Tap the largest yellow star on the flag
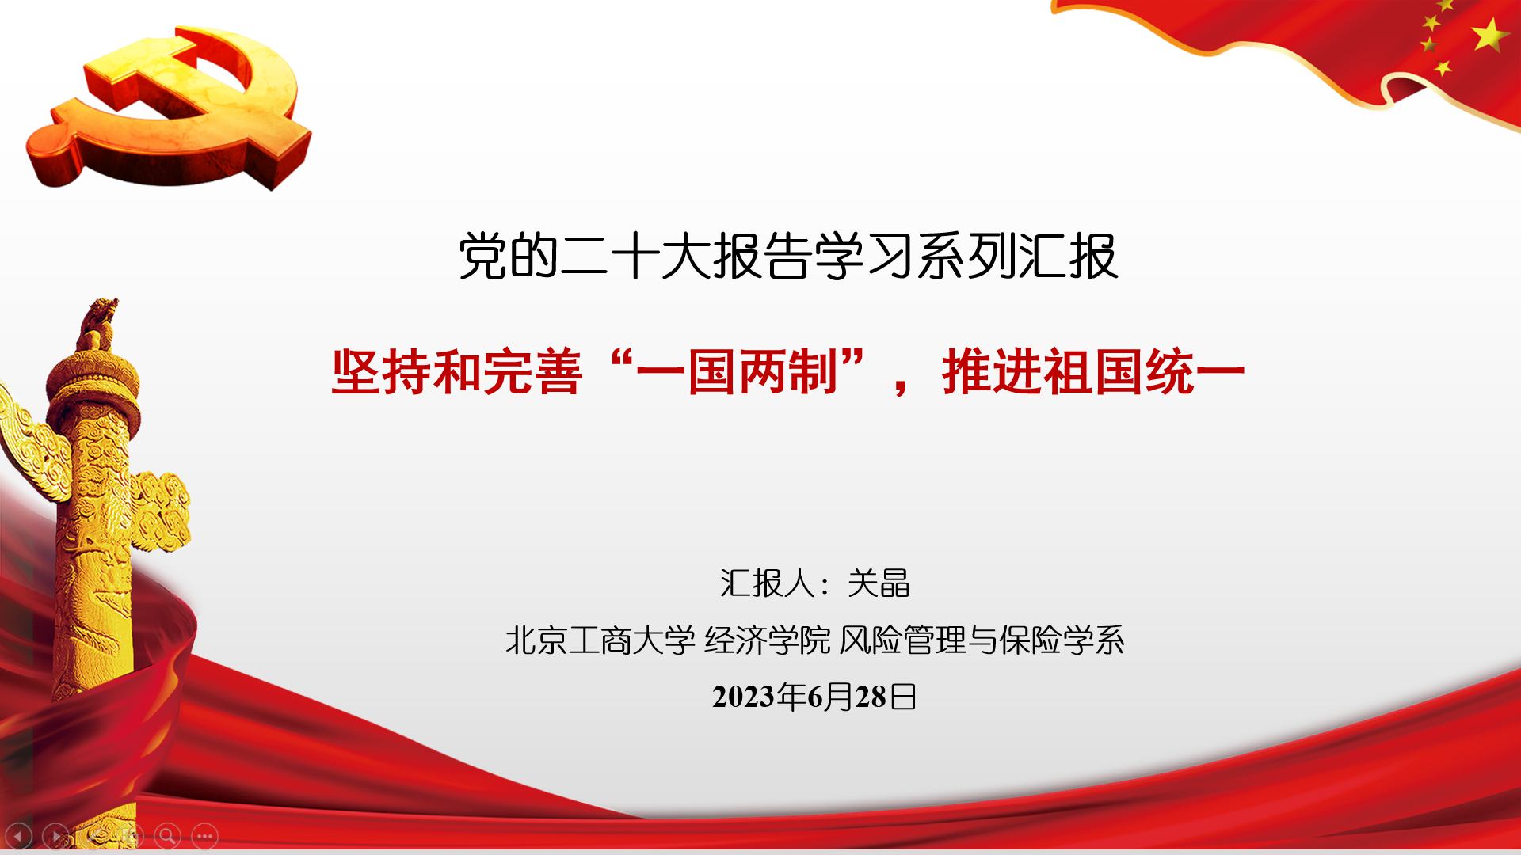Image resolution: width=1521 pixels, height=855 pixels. click(1489, 35)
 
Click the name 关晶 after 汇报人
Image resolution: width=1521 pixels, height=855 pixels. click(879, 583)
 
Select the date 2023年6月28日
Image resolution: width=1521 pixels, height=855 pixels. click(814, 697)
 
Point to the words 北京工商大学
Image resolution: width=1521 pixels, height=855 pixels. click(600, 640)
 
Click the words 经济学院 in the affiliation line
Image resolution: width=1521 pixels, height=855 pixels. click(768, 640)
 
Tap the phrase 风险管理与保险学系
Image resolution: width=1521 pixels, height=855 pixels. click(982, 640)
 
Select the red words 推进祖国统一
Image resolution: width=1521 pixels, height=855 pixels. click(1094, 372)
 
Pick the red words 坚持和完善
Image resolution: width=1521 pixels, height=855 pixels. click(457, 372)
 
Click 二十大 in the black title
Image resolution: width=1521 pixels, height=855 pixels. click(635, 256)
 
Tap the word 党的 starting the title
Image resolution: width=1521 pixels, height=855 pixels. click(509, 256)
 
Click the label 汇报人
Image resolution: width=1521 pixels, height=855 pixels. click(768, 583)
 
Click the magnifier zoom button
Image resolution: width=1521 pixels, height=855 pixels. click(167, 836)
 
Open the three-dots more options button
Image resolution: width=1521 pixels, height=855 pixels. click(204, 836)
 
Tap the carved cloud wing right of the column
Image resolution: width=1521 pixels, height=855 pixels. click(161, 511)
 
